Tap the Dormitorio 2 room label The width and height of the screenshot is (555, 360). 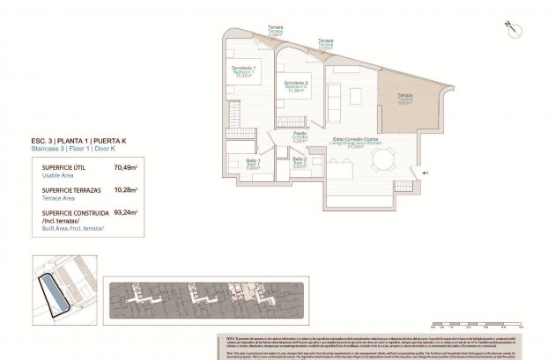294,86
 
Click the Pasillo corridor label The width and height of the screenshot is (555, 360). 300,136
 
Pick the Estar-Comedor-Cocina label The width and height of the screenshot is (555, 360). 355,141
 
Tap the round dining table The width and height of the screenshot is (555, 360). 382,161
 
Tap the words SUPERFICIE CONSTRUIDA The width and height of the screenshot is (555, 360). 66,212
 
